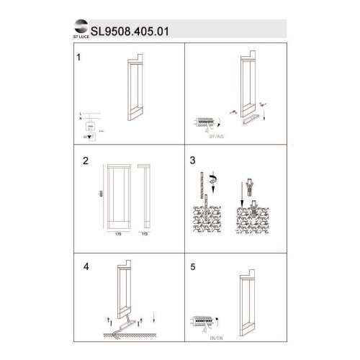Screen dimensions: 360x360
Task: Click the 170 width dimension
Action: point(117,235)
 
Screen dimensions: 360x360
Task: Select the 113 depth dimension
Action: point(144,235)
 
